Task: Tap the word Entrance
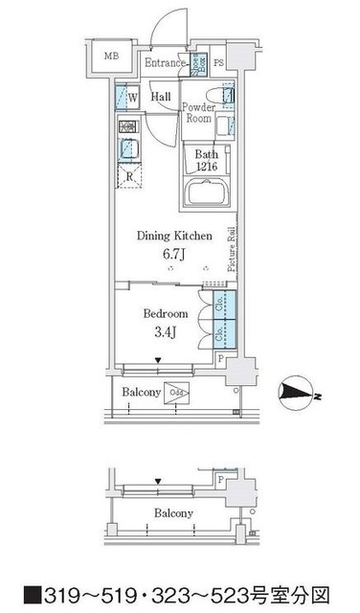pos(165,63)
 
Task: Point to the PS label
pos(219,64)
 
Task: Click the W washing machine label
pos(131,98)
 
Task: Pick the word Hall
pos(161,97)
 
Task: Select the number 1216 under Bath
pos(207,167)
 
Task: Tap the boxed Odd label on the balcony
pos(177,391)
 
